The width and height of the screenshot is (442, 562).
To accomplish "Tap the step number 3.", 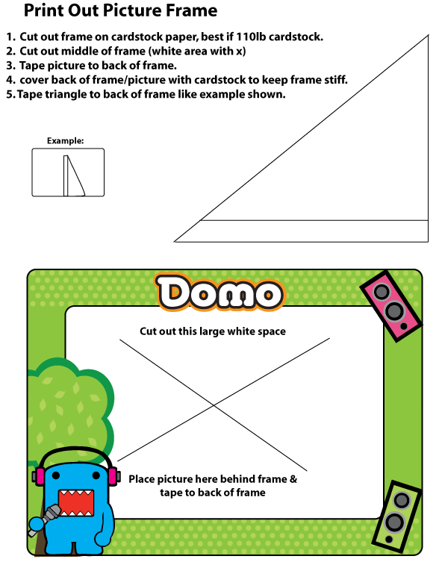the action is pyautogui.click(x=10, y=66).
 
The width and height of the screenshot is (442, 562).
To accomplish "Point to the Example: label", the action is pyautogui.click(x=65, y=141).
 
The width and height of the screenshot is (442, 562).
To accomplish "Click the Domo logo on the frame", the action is pyautogui.click(x=219, y=293).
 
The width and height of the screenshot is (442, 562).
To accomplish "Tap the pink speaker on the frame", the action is pyautogui.click(x=390, y=306).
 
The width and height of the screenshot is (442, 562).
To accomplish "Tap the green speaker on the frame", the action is pyautogui.click(x=396, y=516).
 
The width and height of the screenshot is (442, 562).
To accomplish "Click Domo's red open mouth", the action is pyautogui.click(x=76, y=503).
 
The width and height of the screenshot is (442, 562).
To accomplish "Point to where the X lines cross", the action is pyautogui.click(x=214, y=405).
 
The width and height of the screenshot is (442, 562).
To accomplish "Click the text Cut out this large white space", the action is pyautogui.click(x=213, y=331).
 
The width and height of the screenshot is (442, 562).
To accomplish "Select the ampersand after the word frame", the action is pyautogui.click(x=293, y=479).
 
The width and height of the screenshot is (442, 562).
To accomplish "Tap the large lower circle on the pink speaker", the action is pyautogui.click(x=394, y=310).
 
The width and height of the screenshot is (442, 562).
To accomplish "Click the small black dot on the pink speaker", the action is pyautogui.click(x=404, y=326).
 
